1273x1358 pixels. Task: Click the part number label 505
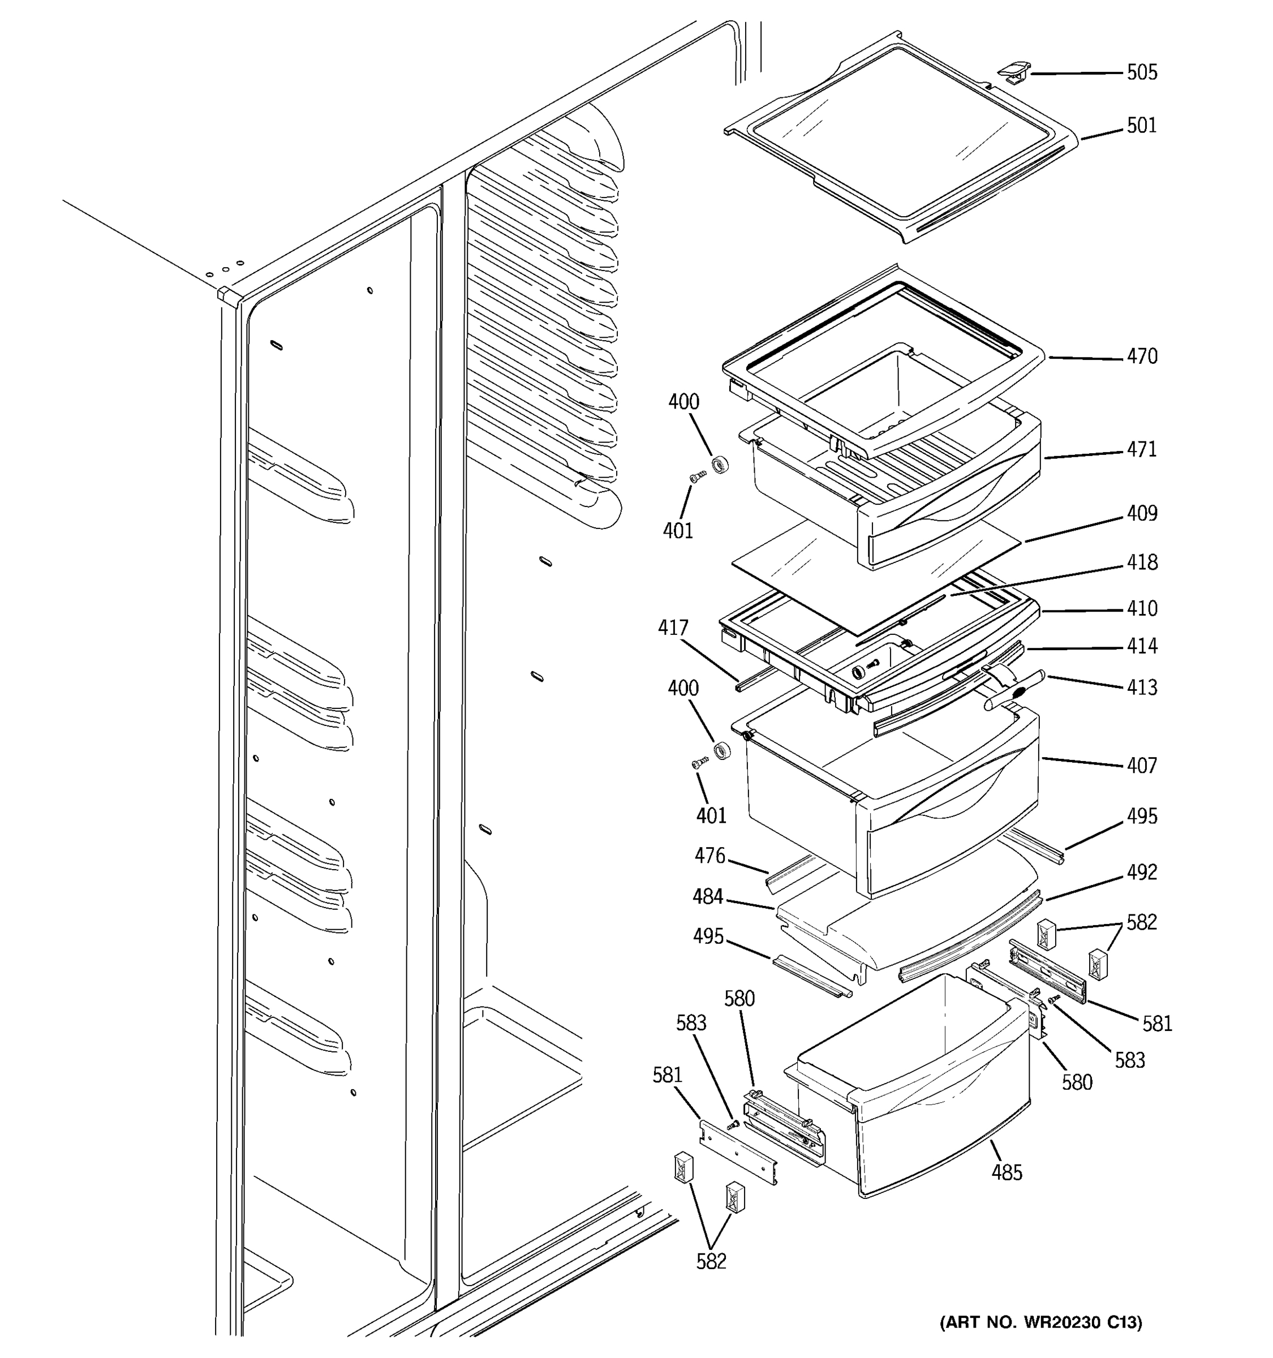1142,72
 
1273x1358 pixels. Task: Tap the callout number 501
1141,126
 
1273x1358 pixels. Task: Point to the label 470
1142,356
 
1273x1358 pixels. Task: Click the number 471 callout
1142,449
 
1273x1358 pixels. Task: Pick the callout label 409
1142,513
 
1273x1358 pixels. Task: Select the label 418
1142,562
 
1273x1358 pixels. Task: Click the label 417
673,627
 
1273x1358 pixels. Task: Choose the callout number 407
1142,765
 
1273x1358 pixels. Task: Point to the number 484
708,896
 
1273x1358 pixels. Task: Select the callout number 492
1142,873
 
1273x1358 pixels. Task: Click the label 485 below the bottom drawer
1007,1173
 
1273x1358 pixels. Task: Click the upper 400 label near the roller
683,402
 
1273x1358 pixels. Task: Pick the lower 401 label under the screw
712,815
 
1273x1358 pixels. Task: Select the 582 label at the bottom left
711,1262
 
